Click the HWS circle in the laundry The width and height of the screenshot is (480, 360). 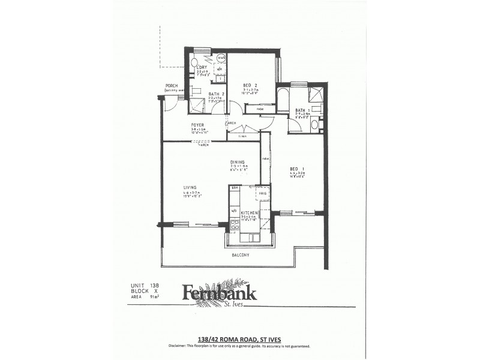pos(221,58)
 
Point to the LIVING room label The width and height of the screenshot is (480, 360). pos(190,188)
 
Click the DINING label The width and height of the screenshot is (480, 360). pos(238,162)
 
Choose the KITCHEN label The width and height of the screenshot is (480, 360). pos(249,213)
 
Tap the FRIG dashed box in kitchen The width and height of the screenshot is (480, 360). pos(263,193)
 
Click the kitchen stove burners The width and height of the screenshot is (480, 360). pos(235,225)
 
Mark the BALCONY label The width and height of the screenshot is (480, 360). pos(241,255)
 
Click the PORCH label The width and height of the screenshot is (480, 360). pos(171,86)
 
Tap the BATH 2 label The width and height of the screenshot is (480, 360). pos(216,94)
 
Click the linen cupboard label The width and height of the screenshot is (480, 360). pos(242,136)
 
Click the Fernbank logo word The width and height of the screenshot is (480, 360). pos(220,293)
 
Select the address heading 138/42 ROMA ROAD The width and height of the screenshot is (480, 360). pos(239,337)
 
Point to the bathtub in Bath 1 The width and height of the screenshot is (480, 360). pos(283,100)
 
